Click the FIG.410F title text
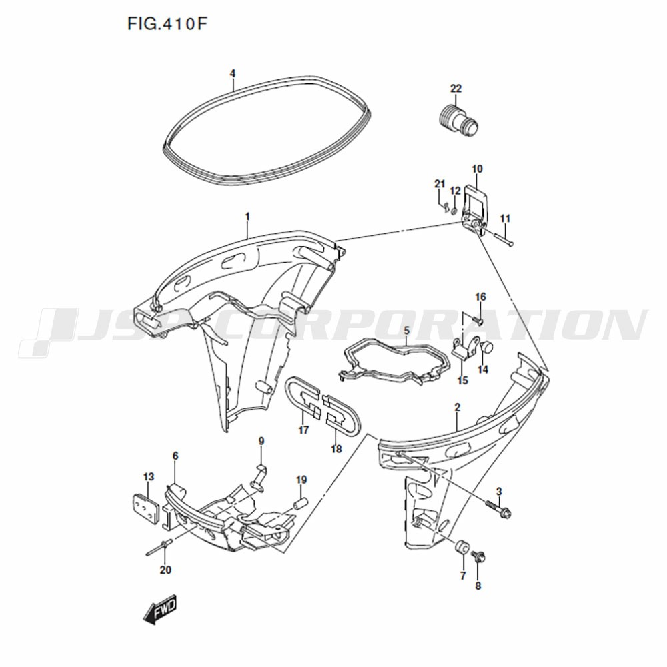click(167, 24)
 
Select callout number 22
click(456, 89)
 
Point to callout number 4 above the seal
click(232, 73)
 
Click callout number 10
click(477, 169)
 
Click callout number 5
click(406, 330)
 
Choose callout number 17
click(303, 430)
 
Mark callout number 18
click(336, 448)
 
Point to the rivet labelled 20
click(158, 548)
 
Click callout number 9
click(261, 441)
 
